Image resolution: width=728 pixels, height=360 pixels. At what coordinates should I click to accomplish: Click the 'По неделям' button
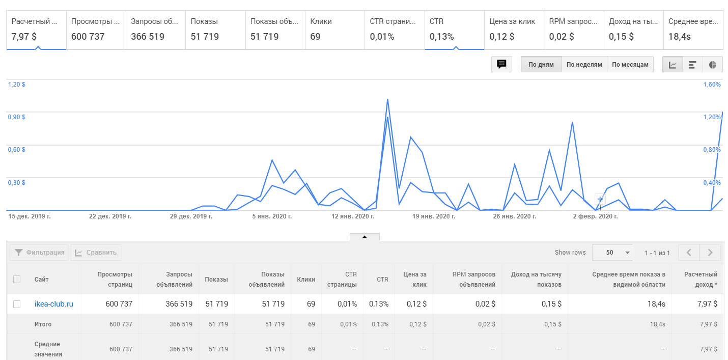pyautogui.click(x=584, y=64)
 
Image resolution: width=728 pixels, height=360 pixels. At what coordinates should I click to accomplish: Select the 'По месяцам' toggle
pyautogui.click(x=630, y=64)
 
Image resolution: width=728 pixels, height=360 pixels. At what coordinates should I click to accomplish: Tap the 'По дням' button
pyautogui.click(x=541, y=64)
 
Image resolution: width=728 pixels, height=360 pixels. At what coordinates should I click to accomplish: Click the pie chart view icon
pyautogui.click(x=712, y=64)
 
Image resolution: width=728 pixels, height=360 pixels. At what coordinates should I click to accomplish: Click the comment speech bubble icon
pyautogui.click(x=501, y=64)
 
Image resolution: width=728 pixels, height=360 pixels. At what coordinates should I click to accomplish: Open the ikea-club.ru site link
pyautogui.click(x=53, y=304)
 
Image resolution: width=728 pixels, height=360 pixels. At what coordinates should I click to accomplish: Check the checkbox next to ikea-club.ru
pyautogui.click(x=17, y=304)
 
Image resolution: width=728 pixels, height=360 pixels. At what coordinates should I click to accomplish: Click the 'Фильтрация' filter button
pyautogui.click(x=39, y=253)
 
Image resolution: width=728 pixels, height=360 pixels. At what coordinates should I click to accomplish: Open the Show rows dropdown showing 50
pyautogui.click(x=612, y=253)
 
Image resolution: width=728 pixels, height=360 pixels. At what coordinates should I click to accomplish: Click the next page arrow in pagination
pyautogui.click(x=710, y=253)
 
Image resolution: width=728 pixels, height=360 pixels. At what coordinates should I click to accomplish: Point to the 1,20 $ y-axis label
pyautogui.click(x=17, y=85)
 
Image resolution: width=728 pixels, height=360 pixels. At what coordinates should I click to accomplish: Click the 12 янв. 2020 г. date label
pyautogui.click(x=353, y=216)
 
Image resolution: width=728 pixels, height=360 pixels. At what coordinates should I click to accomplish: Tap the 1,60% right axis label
pyautogui.click(x=712, y=85)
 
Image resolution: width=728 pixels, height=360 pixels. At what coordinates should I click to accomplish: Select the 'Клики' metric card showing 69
pyautogui.click(x=335, y=30)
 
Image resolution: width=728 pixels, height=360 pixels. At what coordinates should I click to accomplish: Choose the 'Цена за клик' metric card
pyautogui.click(x=514, y=30)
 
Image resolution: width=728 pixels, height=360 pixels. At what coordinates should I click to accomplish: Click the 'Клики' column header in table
pyautogui.click(x=306, y=280)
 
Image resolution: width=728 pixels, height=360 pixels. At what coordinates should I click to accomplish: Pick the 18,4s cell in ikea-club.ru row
pyautogui.click(x=656, y=304)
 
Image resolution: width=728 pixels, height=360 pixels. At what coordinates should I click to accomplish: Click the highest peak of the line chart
pyautogui.click(x=387, y=99)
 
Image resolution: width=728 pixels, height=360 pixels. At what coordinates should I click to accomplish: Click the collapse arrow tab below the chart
pyautogui.click(x=365, y=237)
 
